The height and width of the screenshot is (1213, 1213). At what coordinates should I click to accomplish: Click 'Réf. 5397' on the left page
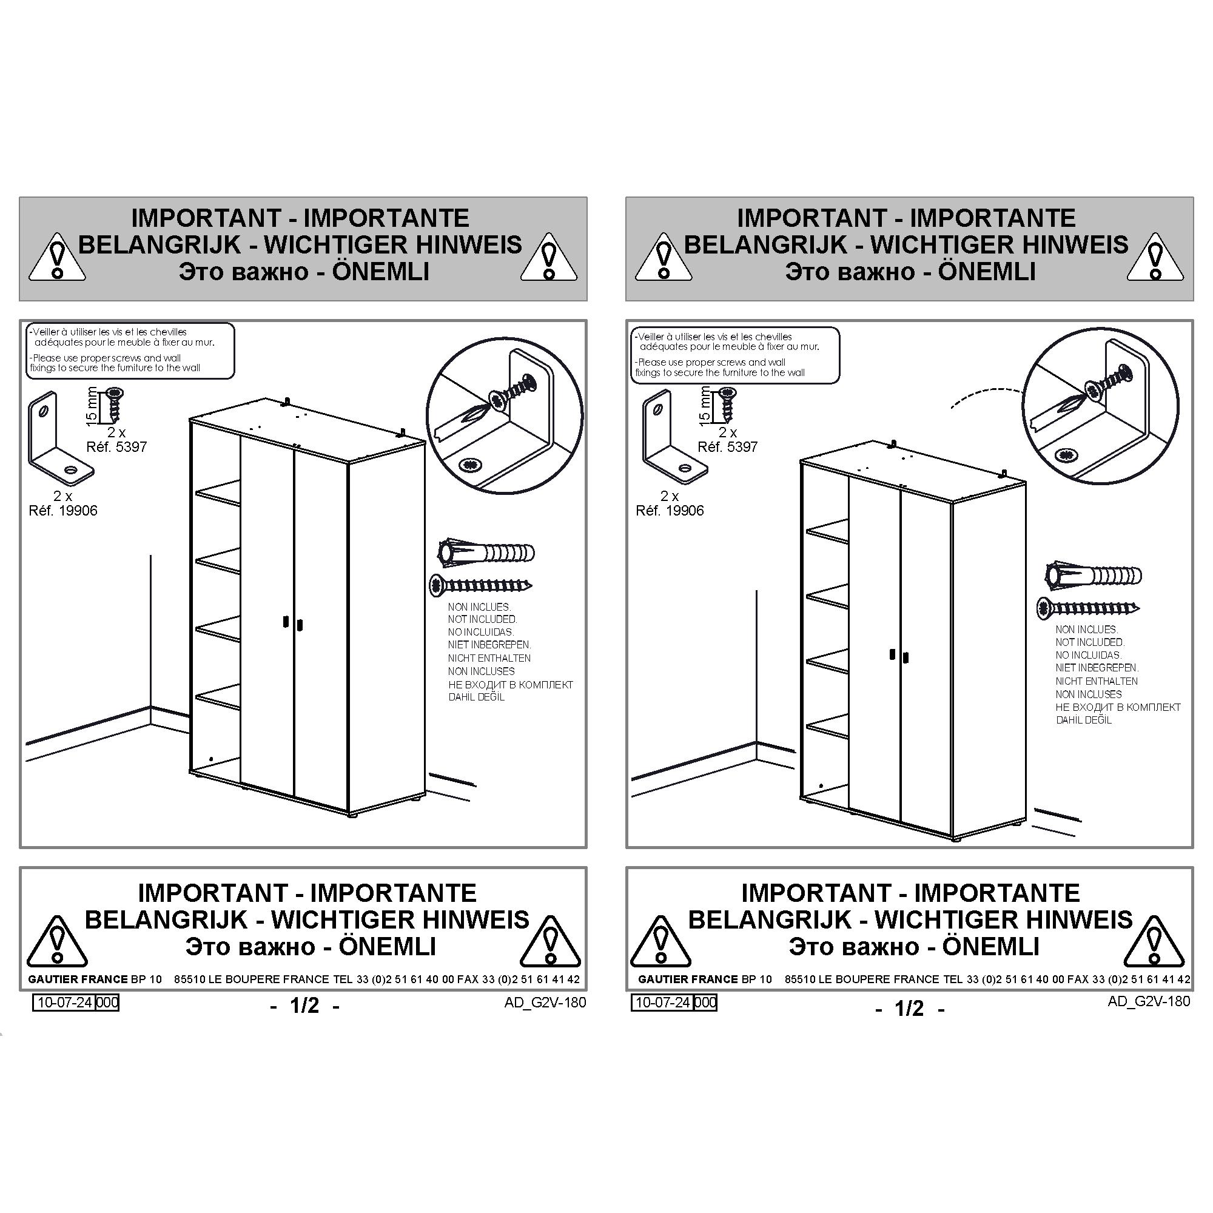coord(116,447)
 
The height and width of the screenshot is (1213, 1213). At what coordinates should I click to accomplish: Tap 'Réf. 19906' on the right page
coord(670,511)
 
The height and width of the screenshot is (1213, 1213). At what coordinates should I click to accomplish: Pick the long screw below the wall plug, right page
coord(1088,608)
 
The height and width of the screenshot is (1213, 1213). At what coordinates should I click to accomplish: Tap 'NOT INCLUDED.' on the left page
coord(482,619)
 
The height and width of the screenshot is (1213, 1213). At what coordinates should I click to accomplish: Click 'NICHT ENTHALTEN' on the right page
coord(1096,681)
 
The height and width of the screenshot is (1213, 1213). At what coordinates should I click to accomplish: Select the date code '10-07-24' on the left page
coord(65,1002)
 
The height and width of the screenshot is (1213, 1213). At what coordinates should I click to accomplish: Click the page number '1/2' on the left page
coord(304,1006)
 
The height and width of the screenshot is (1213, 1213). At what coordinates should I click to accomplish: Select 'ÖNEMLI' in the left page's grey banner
coord(380,271)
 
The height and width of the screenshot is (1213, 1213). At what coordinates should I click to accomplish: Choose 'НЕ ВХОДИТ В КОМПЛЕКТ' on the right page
coord(1118,707)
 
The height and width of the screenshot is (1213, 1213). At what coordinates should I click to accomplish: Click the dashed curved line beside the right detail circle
coord(985,394)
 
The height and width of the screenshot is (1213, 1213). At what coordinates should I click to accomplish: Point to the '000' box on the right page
coord(705,1002)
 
